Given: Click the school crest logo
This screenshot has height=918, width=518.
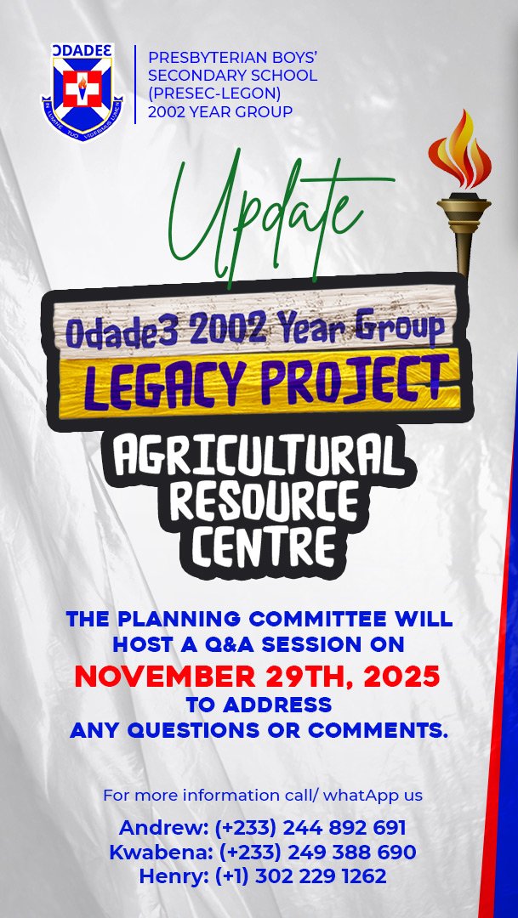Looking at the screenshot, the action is pos(82,92).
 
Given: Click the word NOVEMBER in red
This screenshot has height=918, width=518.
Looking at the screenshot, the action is pos(165,677).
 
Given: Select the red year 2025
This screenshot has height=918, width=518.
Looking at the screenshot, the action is pos(402,677).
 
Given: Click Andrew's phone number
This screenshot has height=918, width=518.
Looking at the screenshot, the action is pos(310,829).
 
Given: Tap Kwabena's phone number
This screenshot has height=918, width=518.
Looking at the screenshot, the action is pos(317,853).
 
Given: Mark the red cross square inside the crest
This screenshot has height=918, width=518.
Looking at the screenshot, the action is pos(82,88).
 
